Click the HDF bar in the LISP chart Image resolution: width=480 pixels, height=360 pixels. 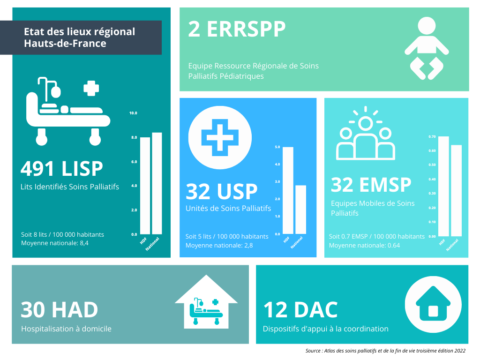pos(145,186)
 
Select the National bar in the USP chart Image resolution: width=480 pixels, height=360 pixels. pos(300,210)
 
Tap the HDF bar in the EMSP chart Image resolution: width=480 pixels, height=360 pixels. pos(443,187)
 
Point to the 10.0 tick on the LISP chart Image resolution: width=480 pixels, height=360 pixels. pos(133,113)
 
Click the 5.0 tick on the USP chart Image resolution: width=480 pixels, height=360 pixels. pos(277,147)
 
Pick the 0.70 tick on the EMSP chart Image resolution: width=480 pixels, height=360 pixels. pos(432,136)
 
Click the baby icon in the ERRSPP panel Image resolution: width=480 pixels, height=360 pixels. pos(427,48)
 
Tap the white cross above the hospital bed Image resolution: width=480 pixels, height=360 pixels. pos(91,89)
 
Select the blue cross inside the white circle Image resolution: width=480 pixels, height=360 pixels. pos(220,137)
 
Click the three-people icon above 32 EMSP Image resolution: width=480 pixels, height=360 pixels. pos(366,134)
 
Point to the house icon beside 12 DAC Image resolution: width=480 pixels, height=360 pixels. pos(433,303)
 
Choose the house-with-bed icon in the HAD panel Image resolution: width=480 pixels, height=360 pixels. pos(206,302)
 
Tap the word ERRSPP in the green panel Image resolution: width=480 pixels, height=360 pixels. pos(246,30)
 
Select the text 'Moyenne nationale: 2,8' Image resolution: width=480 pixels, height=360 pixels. pos(219,245)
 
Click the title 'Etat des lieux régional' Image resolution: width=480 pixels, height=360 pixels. pos(80,32)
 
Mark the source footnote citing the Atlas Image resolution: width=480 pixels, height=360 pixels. pos(385,351)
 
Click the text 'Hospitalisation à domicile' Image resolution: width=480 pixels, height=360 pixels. pos(66,329)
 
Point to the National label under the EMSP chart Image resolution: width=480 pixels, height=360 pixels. pos(452,245)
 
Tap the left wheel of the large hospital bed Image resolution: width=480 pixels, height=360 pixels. pos(42,138)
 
